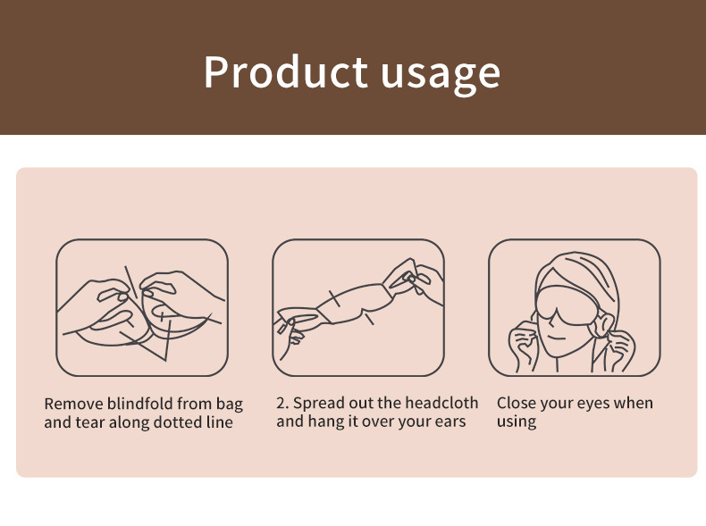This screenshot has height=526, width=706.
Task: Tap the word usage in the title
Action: pyautogui.click(x=441, y=73)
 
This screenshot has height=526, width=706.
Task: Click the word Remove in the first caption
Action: pyautogui.click(x=73, y=404)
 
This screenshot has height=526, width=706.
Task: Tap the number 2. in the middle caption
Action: pyautogui.click(x=283, y=403)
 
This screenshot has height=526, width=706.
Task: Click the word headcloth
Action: pyautogui.click(x=441, y=403)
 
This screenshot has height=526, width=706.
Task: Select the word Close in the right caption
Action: pyautogui.click(x=517, y=403)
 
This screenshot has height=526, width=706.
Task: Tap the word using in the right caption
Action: pyautogui.click(x=517, y=422)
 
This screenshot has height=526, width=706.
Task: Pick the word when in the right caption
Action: pyautogui.click(x=634, y=403)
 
